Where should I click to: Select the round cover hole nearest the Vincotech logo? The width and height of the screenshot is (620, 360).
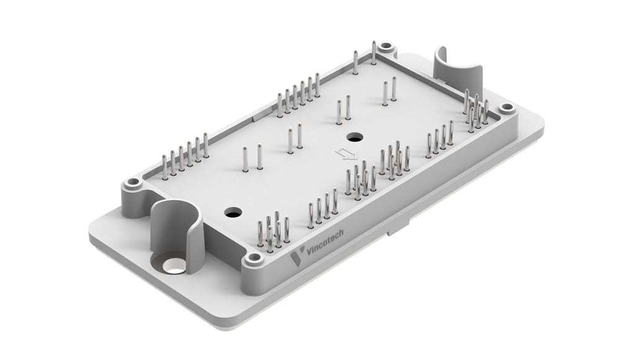coord(234,213)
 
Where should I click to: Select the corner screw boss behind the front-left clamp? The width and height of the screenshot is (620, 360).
coord(132,183)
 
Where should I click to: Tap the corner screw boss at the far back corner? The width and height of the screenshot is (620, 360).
coord(386,46)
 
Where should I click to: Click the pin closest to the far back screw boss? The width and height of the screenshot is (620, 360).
coord(373,53)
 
